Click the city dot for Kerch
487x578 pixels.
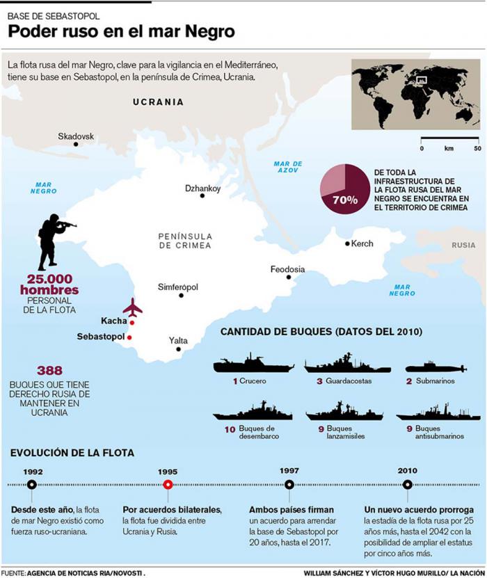347,243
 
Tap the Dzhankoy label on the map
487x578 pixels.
202,188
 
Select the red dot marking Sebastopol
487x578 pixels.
129,337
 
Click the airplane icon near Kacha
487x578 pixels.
132,307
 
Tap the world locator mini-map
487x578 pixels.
415,95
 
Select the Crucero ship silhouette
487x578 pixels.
253,364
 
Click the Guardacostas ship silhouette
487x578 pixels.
338,364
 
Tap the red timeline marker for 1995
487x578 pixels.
168,485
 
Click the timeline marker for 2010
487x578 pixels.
408,485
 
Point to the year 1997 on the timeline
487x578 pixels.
289,471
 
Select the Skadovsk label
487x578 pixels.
76,136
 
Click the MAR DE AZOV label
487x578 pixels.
288,167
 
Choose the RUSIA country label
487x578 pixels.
463,245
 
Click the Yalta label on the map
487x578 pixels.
178,340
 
